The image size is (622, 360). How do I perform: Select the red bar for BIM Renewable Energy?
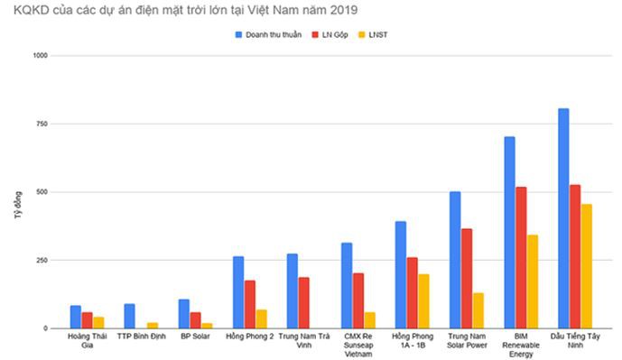click(521, 257)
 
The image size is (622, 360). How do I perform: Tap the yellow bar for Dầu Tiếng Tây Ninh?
click(587, 266)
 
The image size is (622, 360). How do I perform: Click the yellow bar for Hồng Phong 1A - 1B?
click(424, 300)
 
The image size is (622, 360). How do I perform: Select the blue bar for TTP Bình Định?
click(130, 316)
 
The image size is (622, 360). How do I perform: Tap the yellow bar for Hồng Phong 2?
click(262, 318)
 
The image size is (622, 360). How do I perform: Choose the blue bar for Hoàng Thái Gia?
click(76, 317)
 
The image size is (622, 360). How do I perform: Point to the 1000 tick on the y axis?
click(41, 56)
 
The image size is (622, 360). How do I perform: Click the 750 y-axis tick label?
click(42, 124)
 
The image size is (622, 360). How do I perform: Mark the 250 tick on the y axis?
click(42, 260)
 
